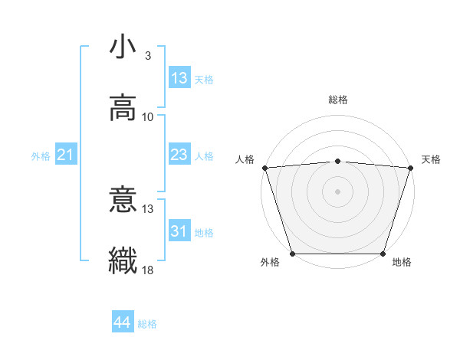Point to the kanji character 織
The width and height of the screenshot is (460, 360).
123,260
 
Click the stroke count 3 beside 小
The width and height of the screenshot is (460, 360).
148,56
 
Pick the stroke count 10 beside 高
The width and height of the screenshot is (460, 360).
148,116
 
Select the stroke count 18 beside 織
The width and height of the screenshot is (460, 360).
148,270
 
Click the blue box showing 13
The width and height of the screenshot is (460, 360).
179,78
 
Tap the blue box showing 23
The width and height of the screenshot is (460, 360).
179,155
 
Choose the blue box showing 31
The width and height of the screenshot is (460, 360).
179,231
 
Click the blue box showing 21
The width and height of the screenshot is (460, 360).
66,155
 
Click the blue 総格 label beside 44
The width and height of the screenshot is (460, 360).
147,324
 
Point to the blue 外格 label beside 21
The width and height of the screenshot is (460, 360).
41,156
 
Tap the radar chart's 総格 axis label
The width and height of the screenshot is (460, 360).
337,100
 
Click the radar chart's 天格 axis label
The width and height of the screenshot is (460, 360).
431,159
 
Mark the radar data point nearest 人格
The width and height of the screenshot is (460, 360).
264,168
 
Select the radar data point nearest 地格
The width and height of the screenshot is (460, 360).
383,254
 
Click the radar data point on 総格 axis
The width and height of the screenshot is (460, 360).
337,161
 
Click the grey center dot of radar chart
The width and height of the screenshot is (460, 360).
337,191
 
